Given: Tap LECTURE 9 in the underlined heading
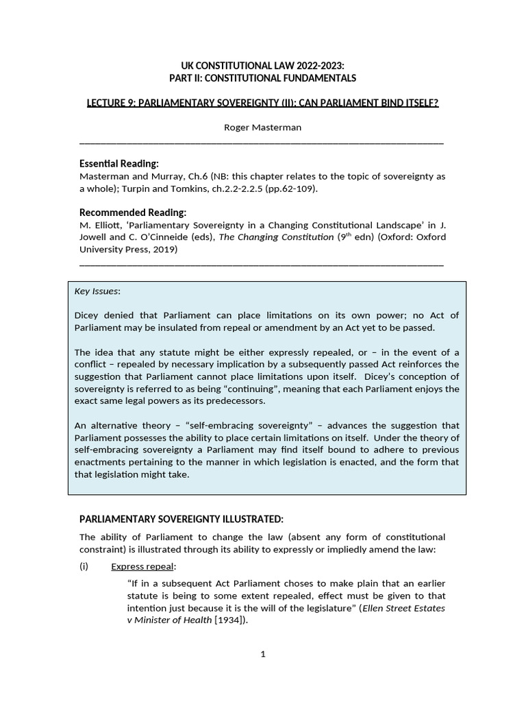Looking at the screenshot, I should click(x=113, y=103).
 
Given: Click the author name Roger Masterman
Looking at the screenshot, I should click(x=262, y=128).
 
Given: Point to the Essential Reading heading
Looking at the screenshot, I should click(x=119, y=163).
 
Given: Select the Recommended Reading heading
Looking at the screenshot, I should click(x=133, y=212).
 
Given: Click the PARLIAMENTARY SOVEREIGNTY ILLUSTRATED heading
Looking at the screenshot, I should click(x=181, y=518).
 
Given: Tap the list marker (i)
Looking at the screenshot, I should click(x=85, y=566).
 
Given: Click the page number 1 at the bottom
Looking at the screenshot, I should click(x=262, y=654).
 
